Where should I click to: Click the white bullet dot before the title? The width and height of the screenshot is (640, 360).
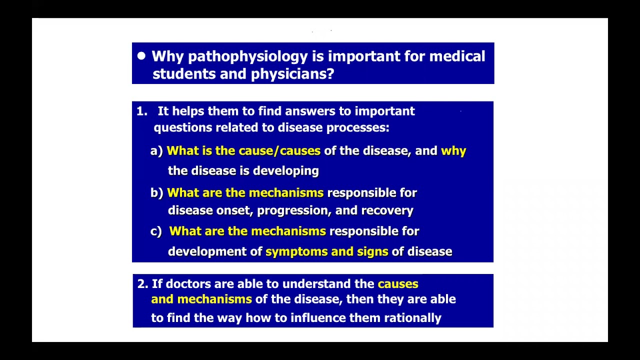141,56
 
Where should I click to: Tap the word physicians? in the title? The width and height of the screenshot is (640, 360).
292,74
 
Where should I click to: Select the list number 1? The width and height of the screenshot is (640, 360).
141,111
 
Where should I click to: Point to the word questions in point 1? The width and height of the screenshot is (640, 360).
182,127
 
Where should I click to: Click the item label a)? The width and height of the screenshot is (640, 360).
156,151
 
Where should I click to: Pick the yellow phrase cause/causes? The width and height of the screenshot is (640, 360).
279,150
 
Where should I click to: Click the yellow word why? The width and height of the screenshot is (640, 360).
453,151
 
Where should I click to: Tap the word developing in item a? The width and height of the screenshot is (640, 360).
285,171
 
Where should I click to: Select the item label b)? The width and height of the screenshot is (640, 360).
156,193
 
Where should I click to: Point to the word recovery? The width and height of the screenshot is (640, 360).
387,210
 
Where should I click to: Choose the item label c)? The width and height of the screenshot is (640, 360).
156,231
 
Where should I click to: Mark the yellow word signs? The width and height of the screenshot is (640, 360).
372,251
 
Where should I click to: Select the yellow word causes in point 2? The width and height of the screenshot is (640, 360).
398,284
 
